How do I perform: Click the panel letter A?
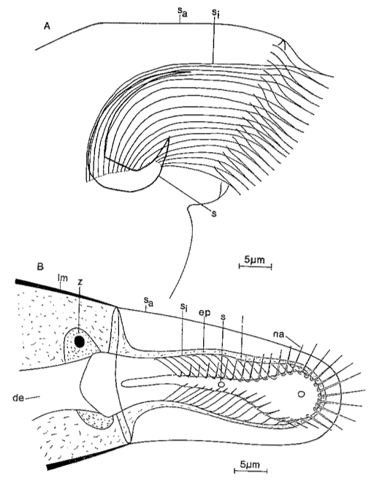point(47,26)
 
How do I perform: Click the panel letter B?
point(40,266)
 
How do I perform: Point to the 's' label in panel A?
point(214,213)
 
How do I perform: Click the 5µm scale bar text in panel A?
point(254,260)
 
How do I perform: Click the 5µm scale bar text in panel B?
point(250,464)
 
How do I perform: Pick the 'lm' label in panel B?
point(63,277)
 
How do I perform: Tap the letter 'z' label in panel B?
point(80,281)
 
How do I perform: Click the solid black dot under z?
point(80,341)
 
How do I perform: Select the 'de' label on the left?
point(18,398)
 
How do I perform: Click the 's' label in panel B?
point(224,317)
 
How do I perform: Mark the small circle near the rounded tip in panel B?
point(302,394)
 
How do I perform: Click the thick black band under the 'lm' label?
point(66,293)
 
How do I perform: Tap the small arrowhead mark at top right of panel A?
point(283,43)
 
